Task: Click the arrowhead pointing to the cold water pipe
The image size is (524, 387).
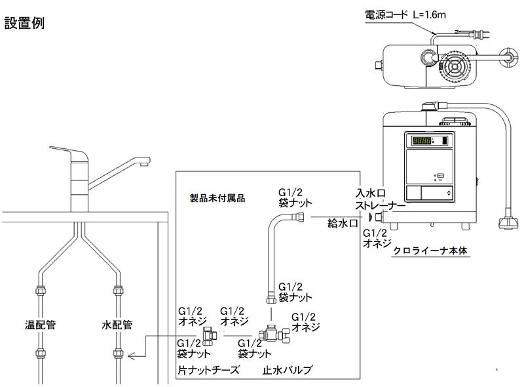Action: tap(132, 356)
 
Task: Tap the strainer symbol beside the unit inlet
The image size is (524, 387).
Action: tap(371, 217)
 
